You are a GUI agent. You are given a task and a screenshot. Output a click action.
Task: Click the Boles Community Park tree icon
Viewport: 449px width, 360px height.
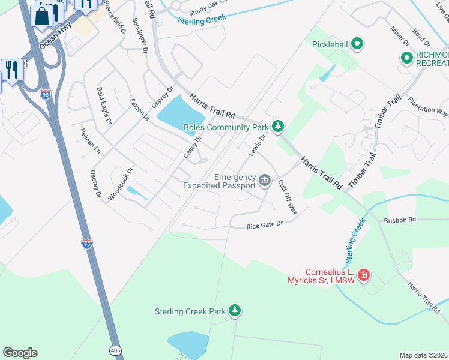(277, 126)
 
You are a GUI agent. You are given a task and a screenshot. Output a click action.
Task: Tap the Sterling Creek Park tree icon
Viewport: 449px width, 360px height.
(236, 310)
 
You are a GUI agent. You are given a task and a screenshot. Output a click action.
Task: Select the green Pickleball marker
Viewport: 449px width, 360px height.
(357, 44)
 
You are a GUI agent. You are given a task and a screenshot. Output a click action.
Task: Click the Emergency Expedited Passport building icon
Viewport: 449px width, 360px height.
(264, 180)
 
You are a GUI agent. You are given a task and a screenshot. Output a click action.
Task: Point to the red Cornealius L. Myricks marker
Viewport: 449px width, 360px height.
(364, 275)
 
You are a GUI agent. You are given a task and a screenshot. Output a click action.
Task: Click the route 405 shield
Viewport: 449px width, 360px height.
(116, 349)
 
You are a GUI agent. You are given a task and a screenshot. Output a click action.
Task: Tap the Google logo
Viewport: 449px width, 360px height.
(20, 353)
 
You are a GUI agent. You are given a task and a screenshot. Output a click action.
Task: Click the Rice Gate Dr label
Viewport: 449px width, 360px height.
(264, 226)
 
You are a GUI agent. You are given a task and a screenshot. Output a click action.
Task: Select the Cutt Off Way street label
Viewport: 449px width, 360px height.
(288, 199)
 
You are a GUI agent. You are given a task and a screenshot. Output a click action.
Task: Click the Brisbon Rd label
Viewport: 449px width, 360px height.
(400, 220)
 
